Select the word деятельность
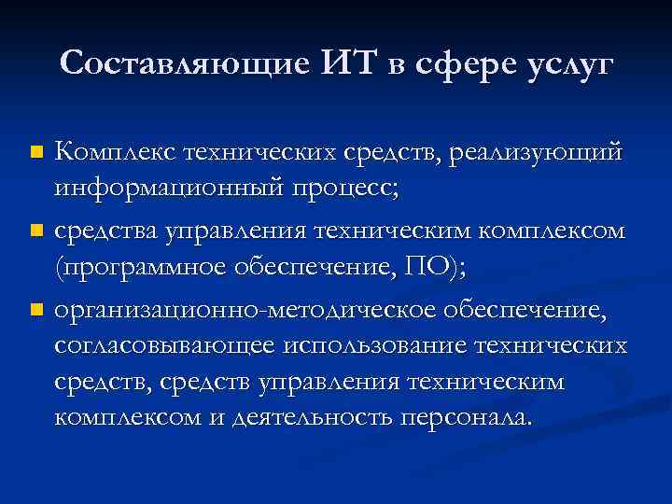(x=314, y=415)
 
